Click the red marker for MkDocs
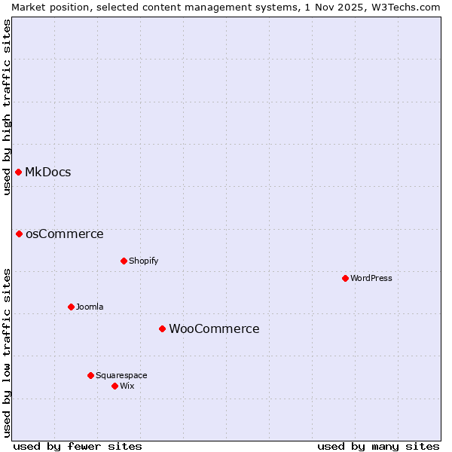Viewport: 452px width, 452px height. pyautogui.click(x=18, y=172)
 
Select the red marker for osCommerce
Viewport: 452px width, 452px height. pyautogui.click(x=19, y=234)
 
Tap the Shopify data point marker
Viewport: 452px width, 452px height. pyautogui.click(x=124, y=261)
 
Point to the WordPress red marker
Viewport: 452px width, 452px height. pyautogui.click(x=345, y=278)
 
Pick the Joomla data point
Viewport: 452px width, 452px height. pyautogui.click(x=71, y=307)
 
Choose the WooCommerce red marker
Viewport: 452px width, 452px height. pyautogui.click(x=162, y=328)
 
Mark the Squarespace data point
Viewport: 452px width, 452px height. pyautogui.click(x=90, y=375)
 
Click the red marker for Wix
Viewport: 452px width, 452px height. pyautogui.click(x=115, y=386)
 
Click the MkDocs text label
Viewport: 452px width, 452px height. pyautogui.click(x=48, y=172)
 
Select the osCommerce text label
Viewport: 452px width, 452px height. pyautogui.click(x=65, y=234)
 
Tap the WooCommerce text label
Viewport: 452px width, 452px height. pyautogui.click(x=214, y=328)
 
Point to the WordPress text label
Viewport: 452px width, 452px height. pyautogui.click(x=371, y=278)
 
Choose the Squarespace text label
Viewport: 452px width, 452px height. pyautogui.click(x=121, y=375)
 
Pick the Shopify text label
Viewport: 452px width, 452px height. pyautogui.click(x=143, y=261)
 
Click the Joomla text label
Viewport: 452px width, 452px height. pyautogui.click(x=90, y=307)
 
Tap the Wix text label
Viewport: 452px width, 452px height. pyautogui.click(x=127, y=386)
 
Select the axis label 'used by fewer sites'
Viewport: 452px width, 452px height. pyautogui.click(x=78, y=446)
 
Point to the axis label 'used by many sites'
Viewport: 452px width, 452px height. pyautogui.click(x=378, y=446)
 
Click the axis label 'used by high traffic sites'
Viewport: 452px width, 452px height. pyautogui.click(x=7, y=106)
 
